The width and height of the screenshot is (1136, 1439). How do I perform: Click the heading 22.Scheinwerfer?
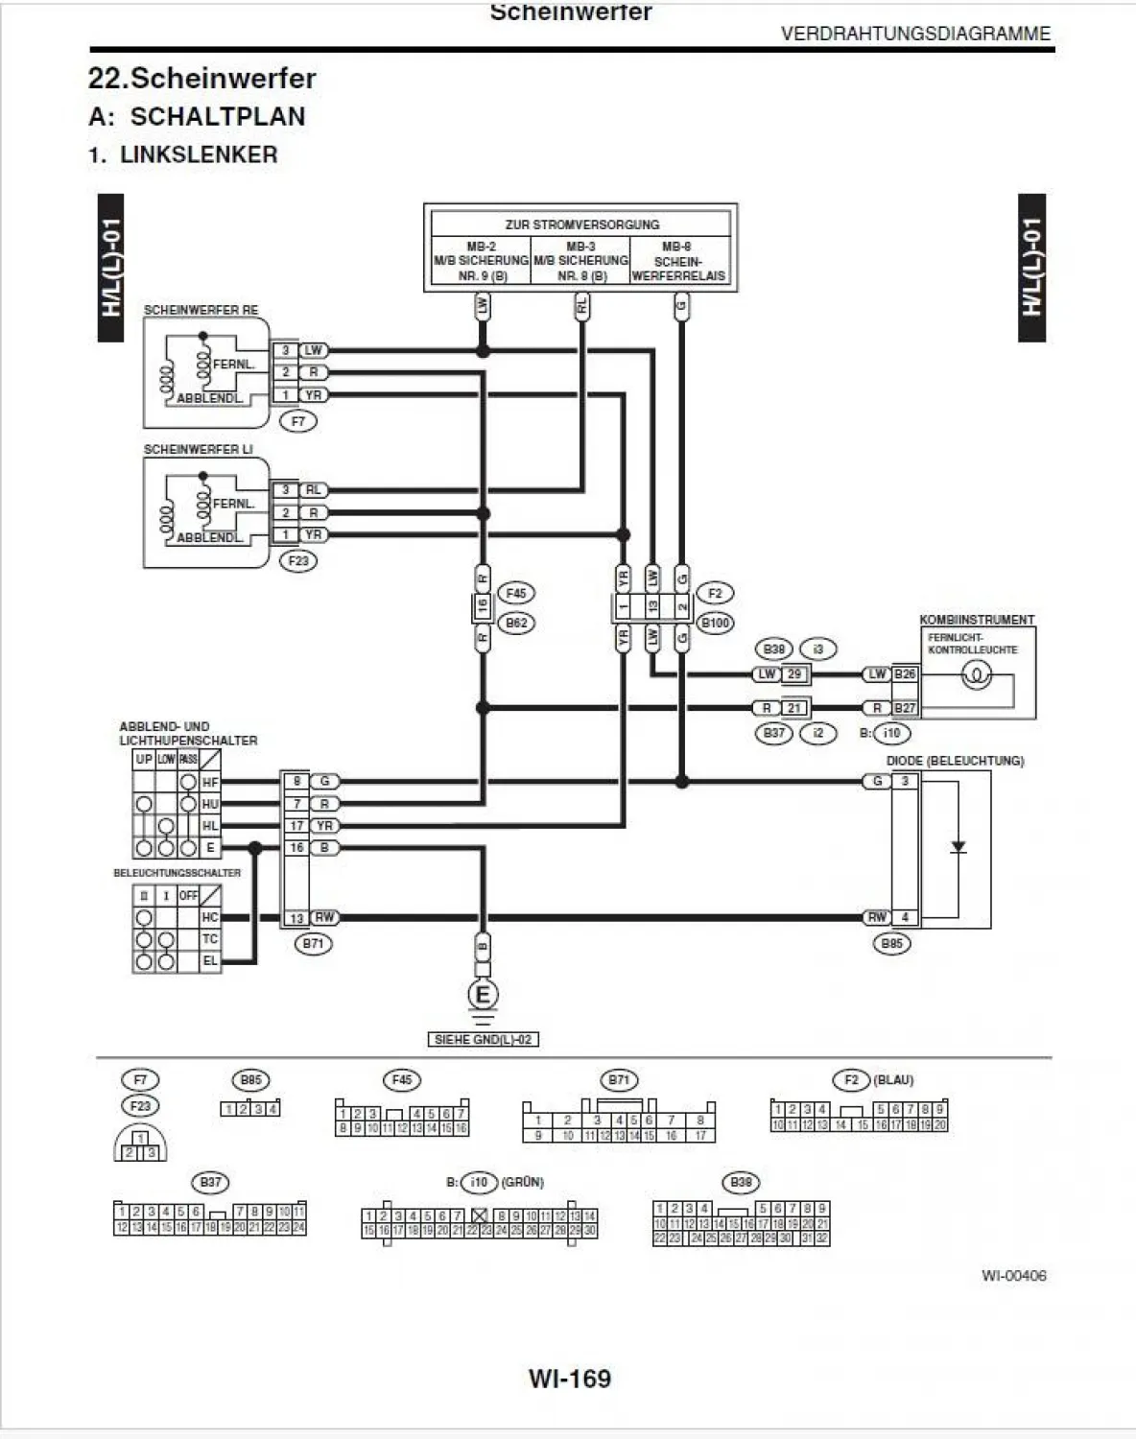(201, 78)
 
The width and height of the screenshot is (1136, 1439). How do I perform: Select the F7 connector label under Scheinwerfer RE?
(298, 421)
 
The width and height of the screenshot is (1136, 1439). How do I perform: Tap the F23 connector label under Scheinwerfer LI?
(298, 560)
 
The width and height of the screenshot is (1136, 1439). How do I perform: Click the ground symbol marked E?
(483, 995)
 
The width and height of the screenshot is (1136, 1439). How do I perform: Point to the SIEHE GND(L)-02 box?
(483, 1039)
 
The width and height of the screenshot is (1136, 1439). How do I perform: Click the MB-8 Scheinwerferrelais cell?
(679, 261)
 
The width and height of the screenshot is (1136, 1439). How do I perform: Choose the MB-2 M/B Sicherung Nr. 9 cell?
(481, 261)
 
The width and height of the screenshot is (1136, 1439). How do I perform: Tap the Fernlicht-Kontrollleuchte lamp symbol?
(977, 676)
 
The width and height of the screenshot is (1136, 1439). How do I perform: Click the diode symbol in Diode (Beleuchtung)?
(958, 847)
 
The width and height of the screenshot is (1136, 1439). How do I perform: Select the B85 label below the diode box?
(891, 943)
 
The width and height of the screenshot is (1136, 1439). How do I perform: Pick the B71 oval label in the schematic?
(313, 943)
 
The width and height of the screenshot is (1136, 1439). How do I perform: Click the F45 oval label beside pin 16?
(516, 594)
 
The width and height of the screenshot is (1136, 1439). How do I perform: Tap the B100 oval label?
(715, 623)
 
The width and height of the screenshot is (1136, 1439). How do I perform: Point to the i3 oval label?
(817, 649)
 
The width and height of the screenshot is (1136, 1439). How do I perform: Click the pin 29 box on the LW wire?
(794, 674)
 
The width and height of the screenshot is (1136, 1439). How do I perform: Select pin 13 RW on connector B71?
(297, 918)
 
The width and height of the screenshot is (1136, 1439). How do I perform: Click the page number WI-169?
(569, 1379)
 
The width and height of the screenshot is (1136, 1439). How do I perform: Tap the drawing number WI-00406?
(1013, 1275)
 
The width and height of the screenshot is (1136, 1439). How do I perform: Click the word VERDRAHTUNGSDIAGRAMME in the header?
(915, 34)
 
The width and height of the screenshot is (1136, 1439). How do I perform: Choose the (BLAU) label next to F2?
(893, 1080)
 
